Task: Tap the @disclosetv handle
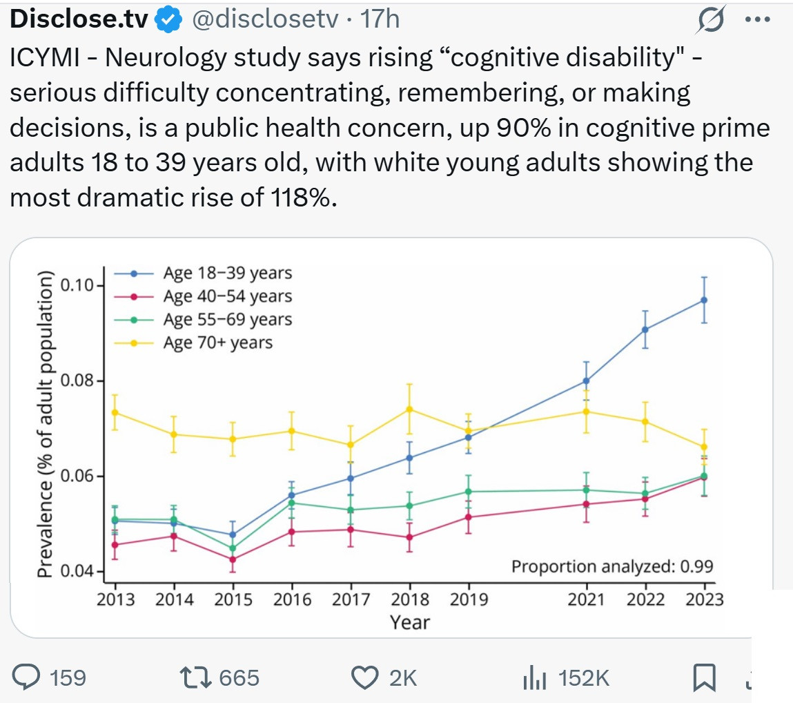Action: pyautogui.click(x=264, y=20)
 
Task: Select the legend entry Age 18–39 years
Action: pyautogui.click(x=227, y=273)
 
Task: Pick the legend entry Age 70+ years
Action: pyautogui.click(x=217, y=342)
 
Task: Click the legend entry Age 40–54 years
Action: pyautogui.click(x=227, y=296)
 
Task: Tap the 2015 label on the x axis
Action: pyautogui.click(x=233, y=599)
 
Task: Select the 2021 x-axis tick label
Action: pyautogui.click(x=587, y=599)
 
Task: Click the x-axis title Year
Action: pyautogui.click(x=410, y=622)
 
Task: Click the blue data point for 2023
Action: pyautogui.click(x=704, y=300)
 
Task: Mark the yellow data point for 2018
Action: pyautogui.click(x=409, y=409)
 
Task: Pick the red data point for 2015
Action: pyautogui.click(x=233, y=559)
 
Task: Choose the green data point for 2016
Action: pyautogui.click(x=291, y=503)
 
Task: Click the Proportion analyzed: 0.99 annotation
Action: pyautogui.click(x=611, y=567)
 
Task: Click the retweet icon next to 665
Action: pyautogui.click(x=196, y=678)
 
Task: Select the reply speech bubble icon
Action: pyautogui.click(x=28, y=678)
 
